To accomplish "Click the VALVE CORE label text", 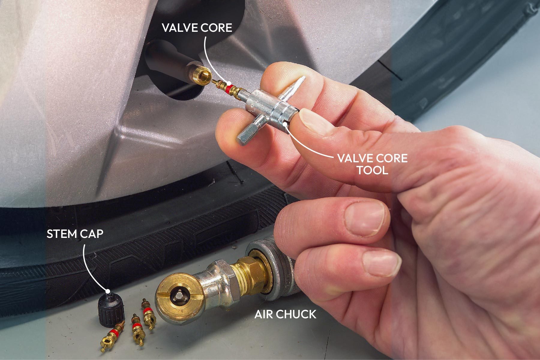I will [x=197, y=28].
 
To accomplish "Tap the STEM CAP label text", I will [x=75, y=234].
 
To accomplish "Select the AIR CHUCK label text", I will [x=285, y=314].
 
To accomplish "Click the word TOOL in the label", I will [x=372, y=170].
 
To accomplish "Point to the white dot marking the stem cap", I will [x=107, y=291].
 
